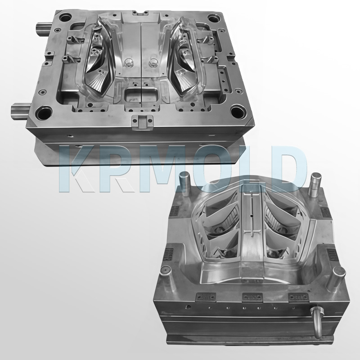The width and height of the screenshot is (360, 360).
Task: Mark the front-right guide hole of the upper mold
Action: click(236, 111)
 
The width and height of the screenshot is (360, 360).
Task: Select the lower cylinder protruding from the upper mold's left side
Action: click(20, 109)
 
